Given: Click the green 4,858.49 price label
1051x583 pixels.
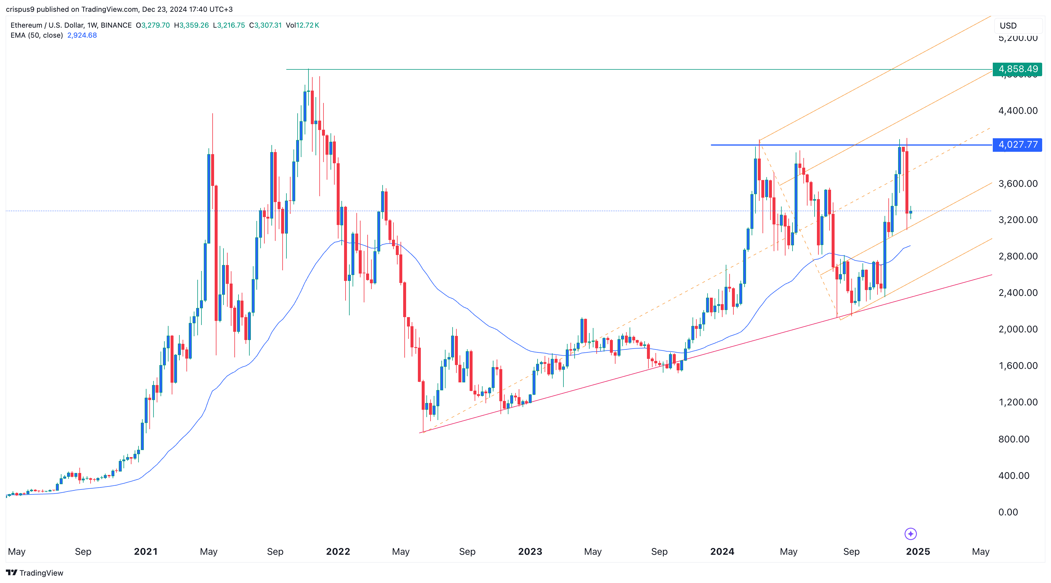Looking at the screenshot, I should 1017,69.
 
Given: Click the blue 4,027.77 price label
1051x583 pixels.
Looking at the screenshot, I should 1017,144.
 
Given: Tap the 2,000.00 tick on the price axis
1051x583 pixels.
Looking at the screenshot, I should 1017,329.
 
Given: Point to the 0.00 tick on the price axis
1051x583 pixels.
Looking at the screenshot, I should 1008,512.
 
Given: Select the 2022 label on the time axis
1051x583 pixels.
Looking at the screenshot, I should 338,552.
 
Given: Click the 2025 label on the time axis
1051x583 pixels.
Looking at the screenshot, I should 917,552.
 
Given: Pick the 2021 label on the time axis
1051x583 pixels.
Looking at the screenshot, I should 146,552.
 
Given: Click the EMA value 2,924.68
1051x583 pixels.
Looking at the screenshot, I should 82,35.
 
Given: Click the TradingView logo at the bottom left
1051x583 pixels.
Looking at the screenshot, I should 35,573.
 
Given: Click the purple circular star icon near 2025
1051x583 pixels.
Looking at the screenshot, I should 910,534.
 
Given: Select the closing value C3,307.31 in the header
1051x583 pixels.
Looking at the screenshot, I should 266,25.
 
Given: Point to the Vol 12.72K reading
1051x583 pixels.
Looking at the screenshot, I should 302,25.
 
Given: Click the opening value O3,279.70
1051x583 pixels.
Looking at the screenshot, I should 153,25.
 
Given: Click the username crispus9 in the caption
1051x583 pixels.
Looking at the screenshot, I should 20,9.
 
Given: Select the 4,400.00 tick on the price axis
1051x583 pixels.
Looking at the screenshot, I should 1017,111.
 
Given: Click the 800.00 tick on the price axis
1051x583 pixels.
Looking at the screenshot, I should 1013,439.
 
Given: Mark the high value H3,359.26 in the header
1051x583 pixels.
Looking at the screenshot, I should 191,25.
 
